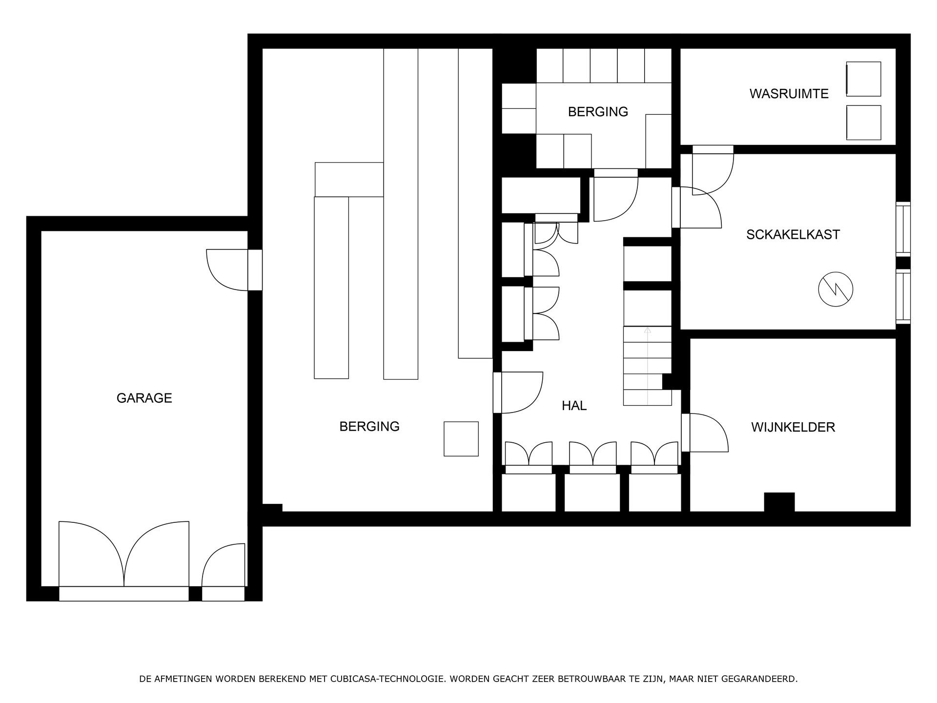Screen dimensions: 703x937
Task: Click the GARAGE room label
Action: point(144,398)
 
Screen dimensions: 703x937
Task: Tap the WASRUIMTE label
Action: point(789,94)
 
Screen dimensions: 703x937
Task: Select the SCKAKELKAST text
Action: point(793,234)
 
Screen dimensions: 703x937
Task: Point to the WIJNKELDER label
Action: point(793,427)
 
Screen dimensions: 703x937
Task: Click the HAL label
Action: point(574,406)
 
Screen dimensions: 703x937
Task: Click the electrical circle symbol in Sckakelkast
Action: point(835,289)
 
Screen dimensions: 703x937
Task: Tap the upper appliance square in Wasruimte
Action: point(863,79)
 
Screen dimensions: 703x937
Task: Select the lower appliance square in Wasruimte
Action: point(863,123)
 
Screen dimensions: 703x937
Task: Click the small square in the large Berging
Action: point(461,438)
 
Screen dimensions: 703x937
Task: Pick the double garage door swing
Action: point(124,557)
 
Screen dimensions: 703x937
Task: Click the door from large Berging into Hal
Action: point(520,393)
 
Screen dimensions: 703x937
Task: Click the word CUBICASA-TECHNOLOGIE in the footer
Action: point(387,679)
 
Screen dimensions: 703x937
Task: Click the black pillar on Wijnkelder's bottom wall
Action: point(779,502)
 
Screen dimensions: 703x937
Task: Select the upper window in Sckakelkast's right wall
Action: point(903,228)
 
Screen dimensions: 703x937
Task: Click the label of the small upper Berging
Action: point(597,112)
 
